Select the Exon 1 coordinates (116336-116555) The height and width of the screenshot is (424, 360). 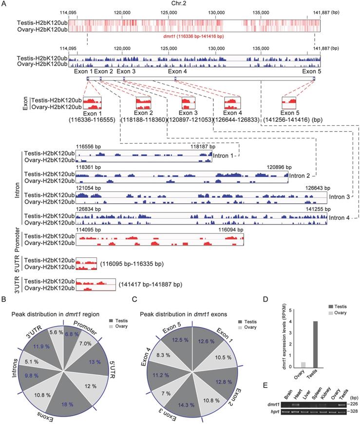[91, 119]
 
